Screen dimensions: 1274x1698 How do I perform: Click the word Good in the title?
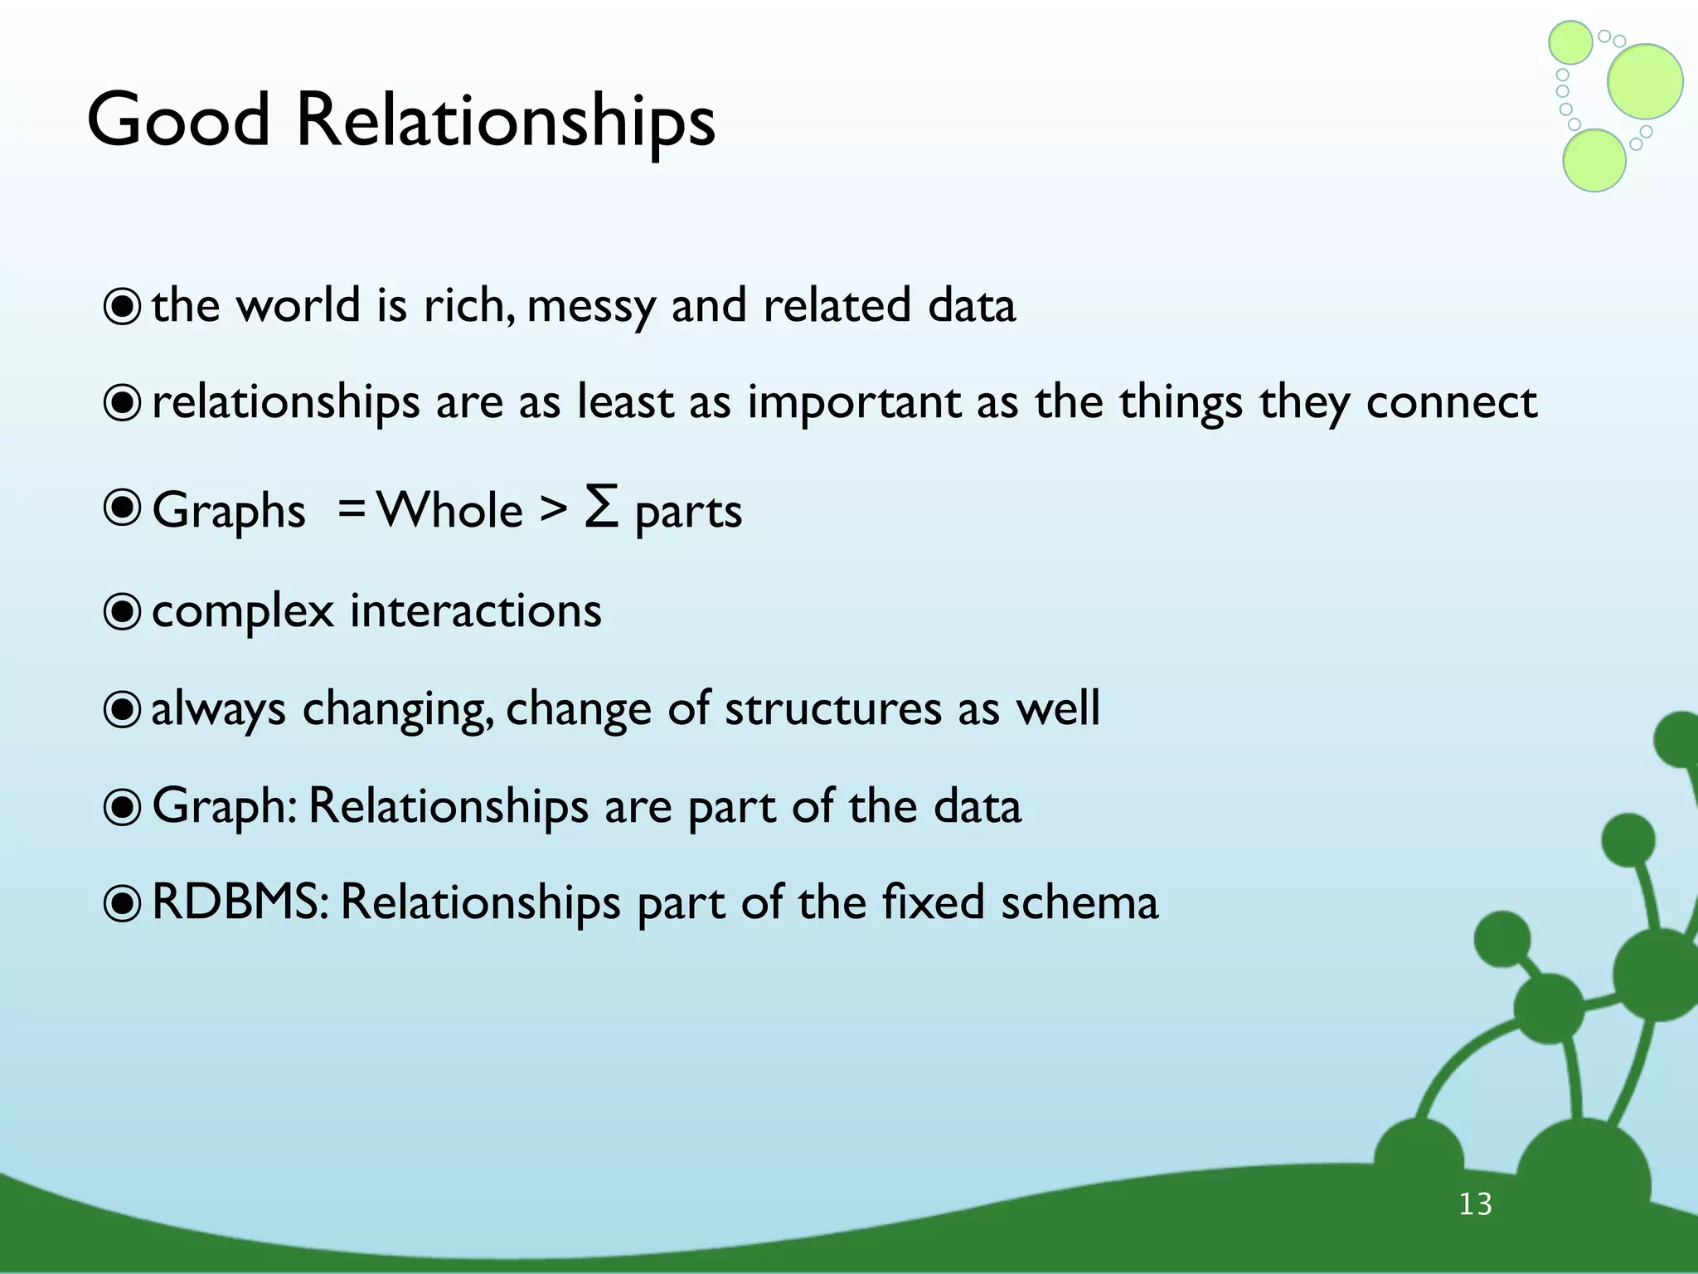pyautogui.click(x=178, y=120)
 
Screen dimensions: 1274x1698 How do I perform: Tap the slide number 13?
pyautogui.click(x=1475, y=1203)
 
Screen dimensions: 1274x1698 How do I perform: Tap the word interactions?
pyautogui.click(x=475, y=611)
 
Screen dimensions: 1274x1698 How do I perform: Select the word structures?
pyautogui.click(x=832, y=709)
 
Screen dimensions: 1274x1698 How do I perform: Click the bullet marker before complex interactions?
pyautogui.click(x=122, y=612)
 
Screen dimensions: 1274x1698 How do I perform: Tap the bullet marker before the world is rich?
pyautogui.click(x=122, y=307)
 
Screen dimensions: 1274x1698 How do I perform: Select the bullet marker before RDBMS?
pyautogui.click(x=122, y=903)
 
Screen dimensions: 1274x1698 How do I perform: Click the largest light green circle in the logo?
pyautogui.click(x=1644, y=81)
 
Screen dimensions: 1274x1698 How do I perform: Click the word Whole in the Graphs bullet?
pyautogui.click(x=449, y=509)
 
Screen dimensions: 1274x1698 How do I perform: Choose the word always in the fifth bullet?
pyautogui.click(x=218, y=710)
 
